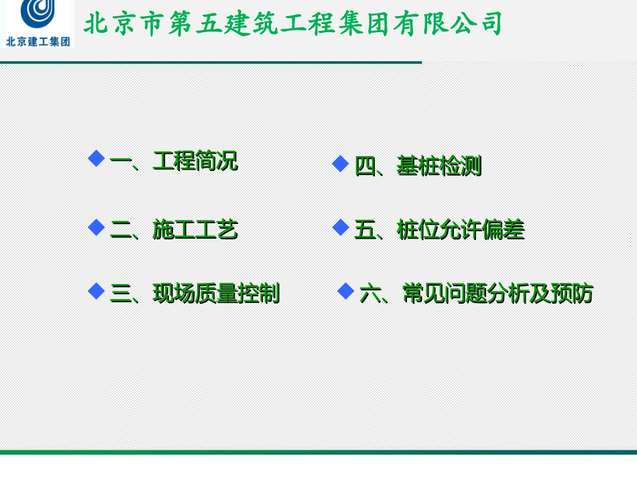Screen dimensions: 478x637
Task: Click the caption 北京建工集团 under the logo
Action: [x=38, y=41]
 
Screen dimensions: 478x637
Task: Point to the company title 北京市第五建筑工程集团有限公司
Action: [x=293, y=24]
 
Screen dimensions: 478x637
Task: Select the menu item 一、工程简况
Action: [x=174, y=162]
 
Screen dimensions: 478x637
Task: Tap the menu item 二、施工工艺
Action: [x=174, y=230]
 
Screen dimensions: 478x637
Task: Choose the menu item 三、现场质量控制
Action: [x=194, y=294]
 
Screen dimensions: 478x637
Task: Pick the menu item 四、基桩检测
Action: [x=418, y=166]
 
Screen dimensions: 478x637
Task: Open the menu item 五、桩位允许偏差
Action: [x=439, y=230]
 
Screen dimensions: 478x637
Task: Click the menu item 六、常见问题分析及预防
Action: [x=476, y=294]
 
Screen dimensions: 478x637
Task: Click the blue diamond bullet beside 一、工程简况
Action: [x=97, y=159]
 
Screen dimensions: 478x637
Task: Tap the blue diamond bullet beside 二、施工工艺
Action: [x=97, y=227]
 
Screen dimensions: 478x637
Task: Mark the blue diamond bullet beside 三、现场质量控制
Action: [x=97, y=291]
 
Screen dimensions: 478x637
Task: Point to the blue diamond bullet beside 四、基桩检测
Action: [x=341, y=164]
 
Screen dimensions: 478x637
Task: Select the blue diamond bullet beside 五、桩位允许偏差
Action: [x=341, y=227]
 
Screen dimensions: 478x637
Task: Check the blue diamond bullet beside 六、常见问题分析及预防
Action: [x=345, y=291]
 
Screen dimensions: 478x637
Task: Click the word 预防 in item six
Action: [x=571, y=294]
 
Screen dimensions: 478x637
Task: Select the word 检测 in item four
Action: [x=460, y=166]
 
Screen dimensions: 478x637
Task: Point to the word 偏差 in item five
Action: [x=503, y=230]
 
